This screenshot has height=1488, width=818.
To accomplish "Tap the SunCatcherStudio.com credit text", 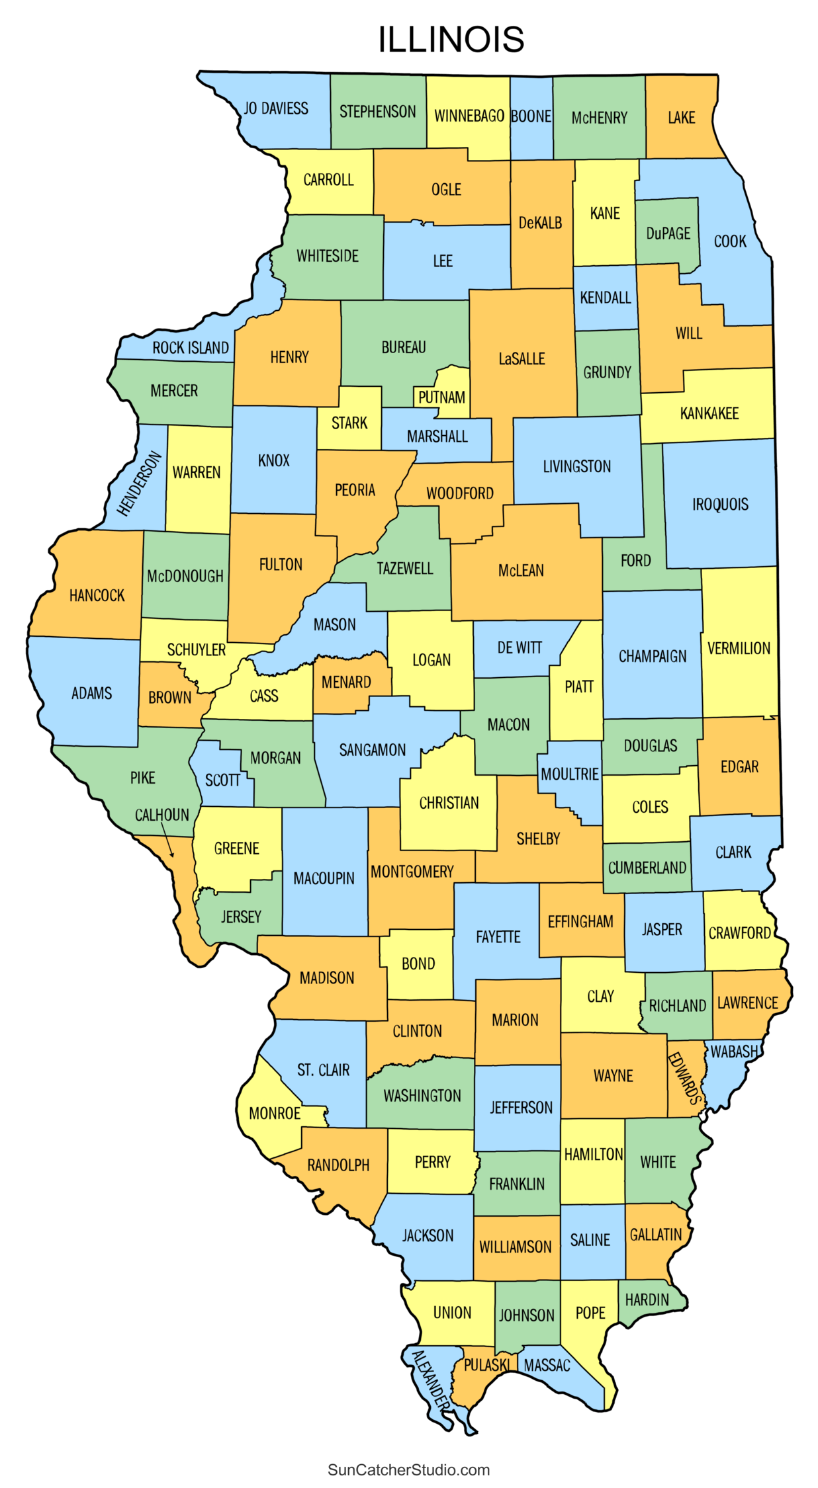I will (408, 1469).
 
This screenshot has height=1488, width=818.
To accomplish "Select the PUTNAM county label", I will (441, 397).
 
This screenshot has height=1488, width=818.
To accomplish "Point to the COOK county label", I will (729, 241).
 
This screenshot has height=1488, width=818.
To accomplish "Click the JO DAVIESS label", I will (276, 108).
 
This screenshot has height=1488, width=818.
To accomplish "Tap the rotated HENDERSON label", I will (139, 483).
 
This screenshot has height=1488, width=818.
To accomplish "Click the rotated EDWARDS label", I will (684, 1078).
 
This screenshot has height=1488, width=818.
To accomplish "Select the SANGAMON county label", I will (372, 750).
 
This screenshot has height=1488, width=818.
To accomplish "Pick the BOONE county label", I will (531, 116).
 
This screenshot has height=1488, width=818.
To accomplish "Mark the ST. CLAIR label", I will (323, 1070).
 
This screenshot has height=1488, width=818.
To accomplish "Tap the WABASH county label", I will (733, 1052).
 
